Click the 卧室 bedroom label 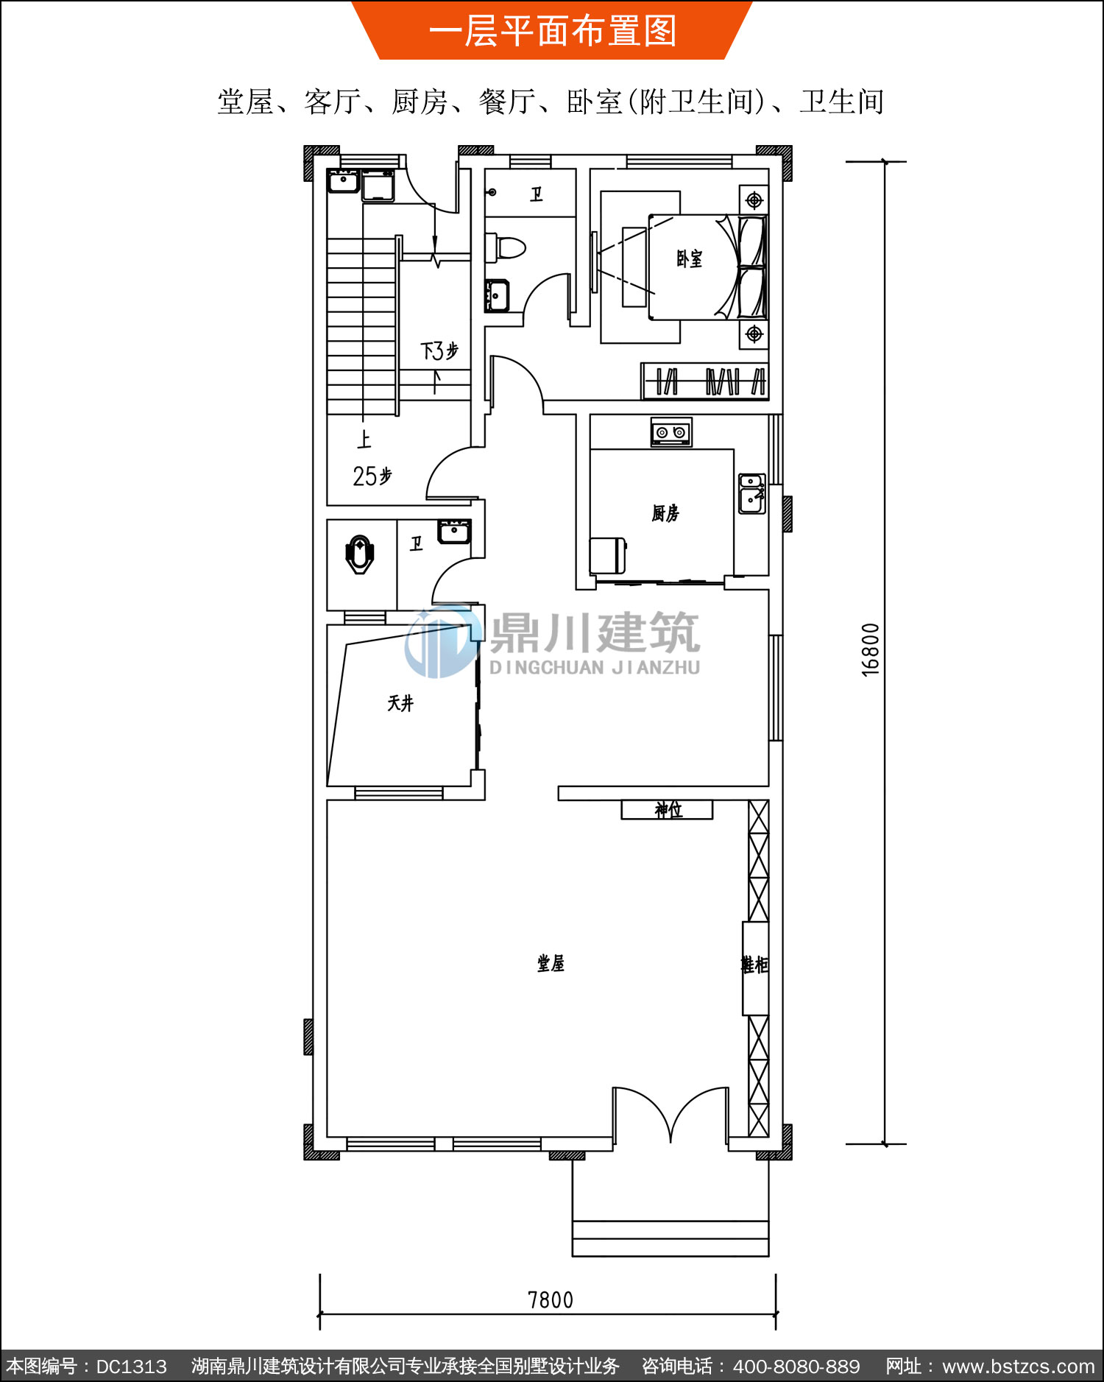[x=690, y=258]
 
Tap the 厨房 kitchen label [x=665, y=512]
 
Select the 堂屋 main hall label [x=551, y=963]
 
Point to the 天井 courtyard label [x=401, y=703]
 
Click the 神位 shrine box [x=668, y=810]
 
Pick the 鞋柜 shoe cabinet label [x=754, y=965]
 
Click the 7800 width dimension [x=551, y=1300]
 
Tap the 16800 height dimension [x=870, y=649]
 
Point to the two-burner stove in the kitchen [x=671, y=432]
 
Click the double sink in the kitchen [x=751, y=493]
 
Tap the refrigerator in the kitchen [x=608, y=556]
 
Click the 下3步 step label [x=439, y=350]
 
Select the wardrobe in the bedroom [x=705, y=381]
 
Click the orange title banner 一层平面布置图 [x=552, y=30]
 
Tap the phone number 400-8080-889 [x=796, y=1367]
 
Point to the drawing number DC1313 [x=132, y=1367]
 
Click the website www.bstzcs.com [x=1019, y=1367]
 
